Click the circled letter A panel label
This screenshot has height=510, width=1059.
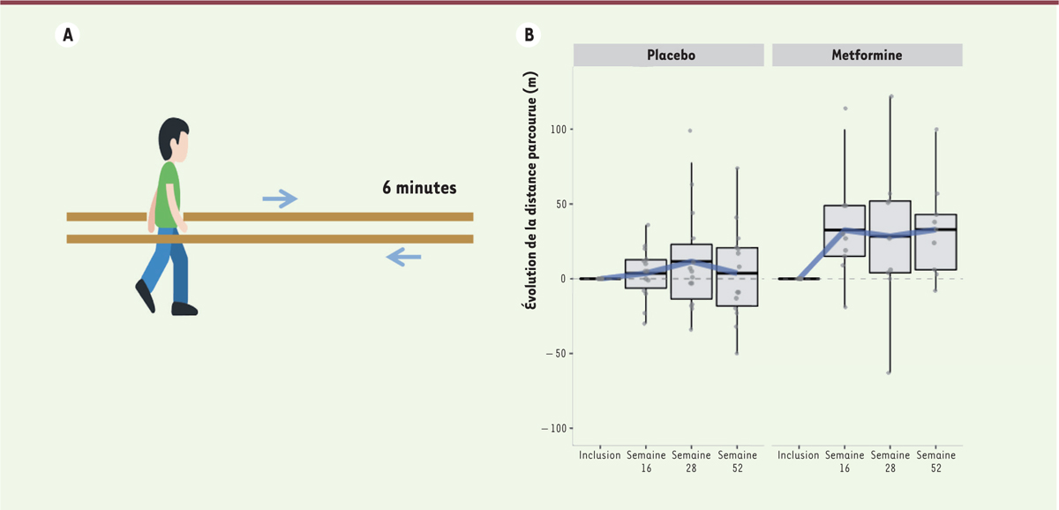click(65, 35)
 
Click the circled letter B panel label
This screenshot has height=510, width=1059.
click(529, 35)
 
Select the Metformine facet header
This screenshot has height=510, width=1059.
click(867, 55)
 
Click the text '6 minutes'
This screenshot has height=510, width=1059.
click(419, 188)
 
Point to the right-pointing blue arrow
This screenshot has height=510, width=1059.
click(280, 200)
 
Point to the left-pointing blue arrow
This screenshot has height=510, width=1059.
click(403, 258)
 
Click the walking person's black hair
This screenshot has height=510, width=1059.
click(172, 134)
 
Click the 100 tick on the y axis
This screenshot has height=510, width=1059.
click(558, 130)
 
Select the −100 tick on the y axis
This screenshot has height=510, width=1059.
click(554, 428)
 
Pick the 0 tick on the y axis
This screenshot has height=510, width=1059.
click(563, 279)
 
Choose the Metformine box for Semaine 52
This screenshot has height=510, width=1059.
click(935, 242)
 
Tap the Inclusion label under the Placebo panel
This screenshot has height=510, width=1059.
click(600, 456)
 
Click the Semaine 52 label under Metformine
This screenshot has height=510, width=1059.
click(935, 461)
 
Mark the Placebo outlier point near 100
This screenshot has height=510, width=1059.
click(690, 131)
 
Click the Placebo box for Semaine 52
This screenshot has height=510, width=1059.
click(736, 276)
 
